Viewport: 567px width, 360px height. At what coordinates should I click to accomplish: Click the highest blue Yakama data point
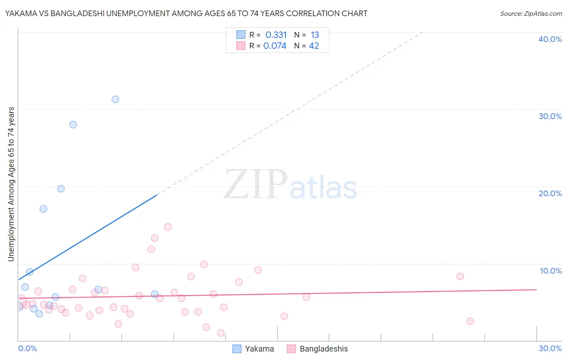pos(115,99)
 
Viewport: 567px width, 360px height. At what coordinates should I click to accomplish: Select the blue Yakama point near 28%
pos(73,124)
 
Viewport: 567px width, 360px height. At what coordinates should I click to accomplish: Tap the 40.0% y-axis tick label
pos(550,39)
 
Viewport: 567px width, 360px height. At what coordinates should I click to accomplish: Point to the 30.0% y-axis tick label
pos(550,116)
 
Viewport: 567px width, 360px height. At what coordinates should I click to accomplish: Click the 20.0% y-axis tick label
pos(550,193)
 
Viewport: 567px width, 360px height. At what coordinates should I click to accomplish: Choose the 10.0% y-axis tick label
pos(551,271)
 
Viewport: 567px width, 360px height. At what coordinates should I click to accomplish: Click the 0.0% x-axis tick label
pos(28,348)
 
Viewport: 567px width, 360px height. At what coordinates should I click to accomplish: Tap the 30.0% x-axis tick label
pos(550,348)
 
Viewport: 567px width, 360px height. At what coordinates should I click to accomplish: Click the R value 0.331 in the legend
pos(276,35)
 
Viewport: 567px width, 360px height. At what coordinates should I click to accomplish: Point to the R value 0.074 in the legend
pos(275,46)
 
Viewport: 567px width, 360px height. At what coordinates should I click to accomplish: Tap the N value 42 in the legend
pos(314,46)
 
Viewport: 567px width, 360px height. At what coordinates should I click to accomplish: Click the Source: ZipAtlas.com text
pos(531,14)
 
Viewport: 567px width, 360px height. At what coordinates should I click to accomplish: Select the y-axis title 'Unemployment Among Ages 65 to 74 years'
pos(11,184)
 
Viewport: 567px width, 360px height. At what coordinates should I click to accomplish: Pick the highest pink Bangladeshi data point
pos(168,227)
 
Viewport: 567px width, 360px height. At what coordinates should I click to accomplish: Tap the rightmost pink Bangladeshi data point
pos(470,321)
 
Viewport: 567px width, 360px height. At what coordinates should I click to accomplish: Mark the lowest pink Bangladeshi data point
pos(221,333)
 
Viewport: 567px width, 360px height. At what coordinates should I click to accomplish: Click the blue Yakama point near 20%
pos(61,188)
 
